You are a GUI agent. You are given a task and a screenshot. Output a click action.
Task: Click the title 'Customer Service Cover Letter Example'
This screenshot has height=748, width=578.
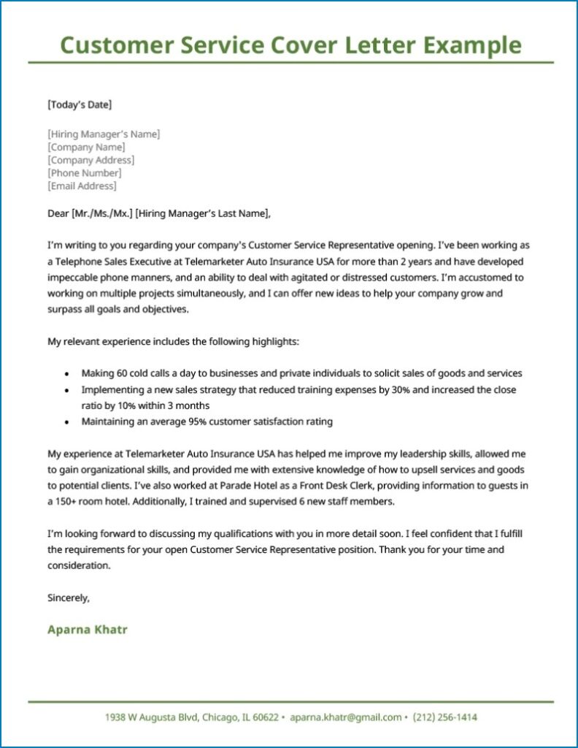click(x=290, y=45)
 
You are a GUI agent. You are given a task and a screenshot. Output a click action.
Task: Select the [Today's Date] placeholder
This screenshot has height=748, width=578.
click(x=80, y=104)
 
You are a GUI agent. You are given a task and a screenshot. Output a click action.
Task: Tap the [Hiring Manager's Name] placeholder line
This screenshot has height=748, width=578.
click(x=103, y=134)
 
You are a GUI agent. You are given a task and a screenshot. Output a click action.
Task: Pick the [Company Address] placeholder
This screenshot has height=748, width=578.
click(x=90, y=160)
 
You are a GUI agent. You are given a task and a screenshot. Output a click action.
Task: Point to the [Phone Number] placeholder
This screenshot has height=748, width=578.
click(x=84, y=173)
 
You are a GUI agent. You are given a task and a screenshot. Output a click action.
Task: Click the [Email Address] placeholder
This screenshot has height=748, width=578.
click(x=82, y=186)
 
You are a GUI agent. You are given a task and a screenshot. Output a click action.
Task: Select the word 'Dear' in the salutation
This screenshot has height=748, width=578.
click(x=58, y=213)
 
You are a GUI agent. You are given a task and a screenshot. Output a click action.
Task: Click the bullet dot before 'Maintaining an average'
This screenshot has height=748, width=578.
click(x=67, y=422)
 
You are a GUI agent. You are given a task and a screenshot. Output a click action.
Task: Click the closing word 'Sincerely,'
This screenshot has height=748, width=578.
click(x=69, y=598)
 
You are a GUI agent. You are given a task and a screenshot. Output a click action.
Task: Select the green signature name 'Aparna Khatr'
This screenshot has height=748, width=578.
click(x=87, y=629)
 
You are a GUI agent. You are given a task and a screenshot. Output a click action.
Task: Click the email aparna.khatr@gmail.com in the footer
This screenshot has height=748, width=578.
click(x=345, y=717)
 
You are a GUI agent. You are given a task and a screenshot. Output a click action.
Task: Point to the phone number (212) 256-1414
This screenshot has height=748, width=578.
click(x=444, y=717)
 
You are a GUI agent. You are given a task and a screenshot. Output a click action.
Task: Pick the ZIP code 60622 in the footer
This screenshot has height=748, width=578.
click(x=263, y=717)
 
